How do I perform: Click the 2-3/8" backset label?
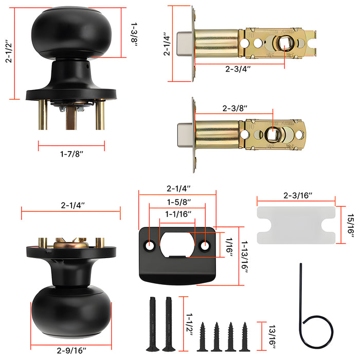(x=235, y=109)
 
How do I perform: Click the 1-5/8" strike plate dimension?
(x=178, y=203)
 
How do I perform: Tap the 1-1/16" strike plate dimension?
(x=178, y=214)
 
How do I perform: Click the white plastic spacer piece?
(x=296, y=225)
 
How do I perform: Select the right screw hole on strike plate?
(x=206, y=246)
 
